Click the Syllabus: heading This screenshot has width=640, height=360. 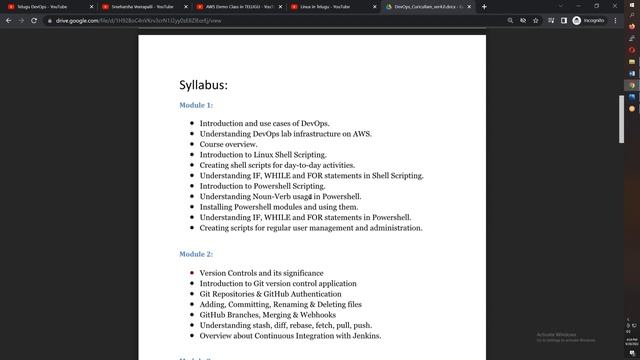tap(203, 85)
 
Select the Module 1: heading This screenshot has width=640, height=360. tap(196, 105)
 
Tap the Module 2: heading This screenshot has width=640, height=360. tap(196, 255)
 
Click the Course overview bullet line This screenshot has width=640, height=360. tap(228, 144)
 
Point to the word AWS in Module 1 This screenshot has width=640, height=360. tap(361, 134)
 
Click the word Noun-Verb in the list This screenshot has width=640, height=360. tap(257, 196)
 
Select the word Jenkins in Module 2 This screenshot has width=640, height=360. tap(361, 336)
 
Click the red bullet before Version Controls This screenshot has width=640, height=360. tap(191, 273)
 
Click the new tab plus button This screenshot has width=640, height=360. tap(484, 6)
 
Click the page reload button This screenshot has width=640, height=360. tap(35, 20)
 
